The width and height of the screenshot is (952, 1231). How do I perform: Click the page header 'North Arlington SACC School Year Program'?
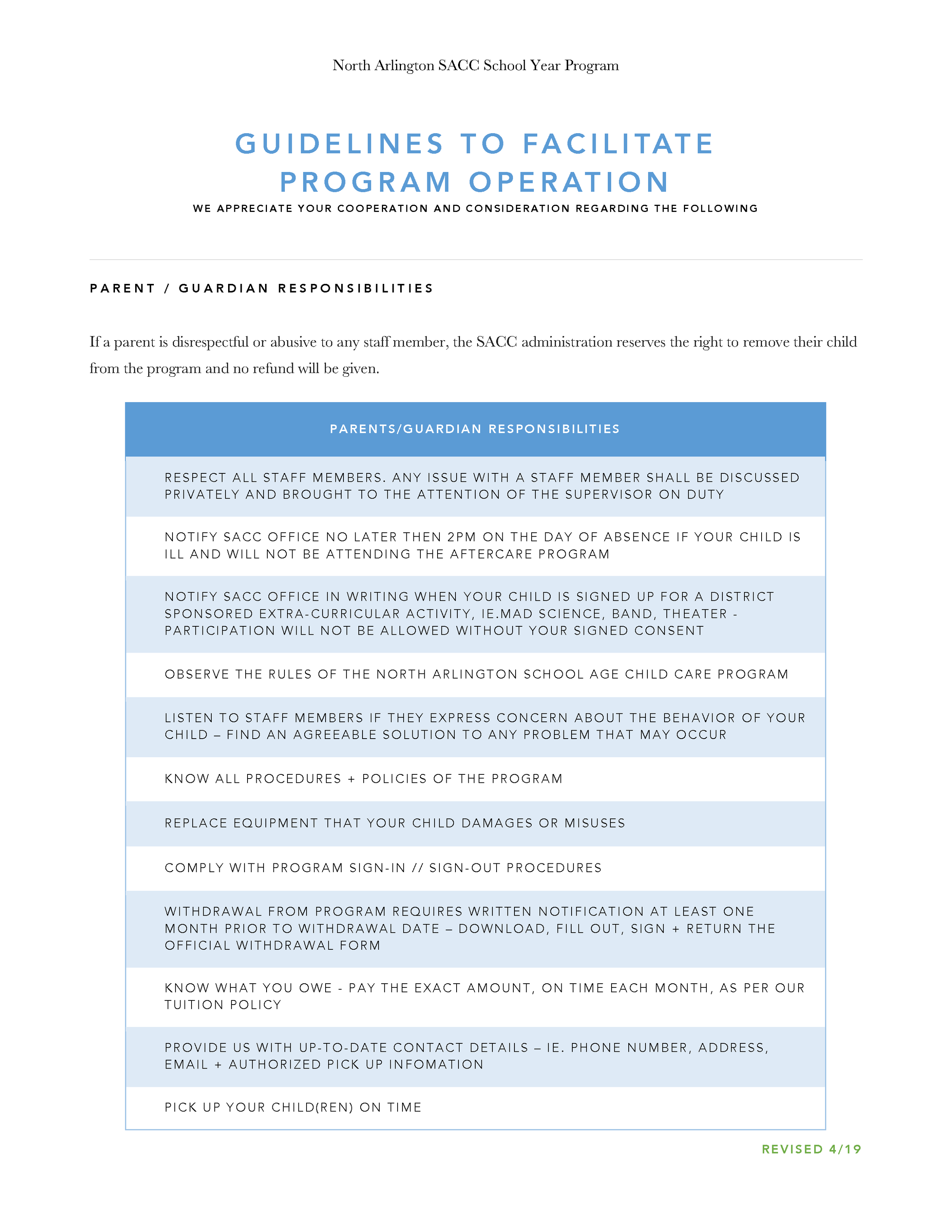(476, 65)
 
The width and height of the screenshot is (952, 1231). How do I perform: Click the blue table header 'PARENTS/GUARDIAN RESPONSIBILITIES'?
(475, 429)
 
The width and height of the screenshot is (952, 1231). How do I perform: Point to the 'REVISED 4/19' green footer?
(811, 1149)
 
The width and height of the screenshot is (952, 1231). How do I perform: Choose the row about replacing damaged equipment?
(395, 823)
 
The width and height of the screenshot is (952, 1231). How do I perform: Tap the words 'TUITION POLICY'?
(223, 1005)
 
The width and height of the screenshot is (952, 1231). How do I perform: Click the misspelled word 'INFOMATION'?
(436, 1064)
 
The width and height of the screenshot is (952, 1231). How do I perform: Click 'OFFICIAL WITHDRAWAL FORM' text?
(272, 945)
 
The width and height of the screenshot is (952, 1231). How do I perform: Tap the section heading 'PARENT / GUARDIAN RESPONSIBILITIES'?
(262, 288)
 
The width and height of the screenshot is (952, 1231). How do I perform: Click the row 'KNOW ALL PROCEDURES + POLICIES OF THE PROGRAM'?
(364, 779)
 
